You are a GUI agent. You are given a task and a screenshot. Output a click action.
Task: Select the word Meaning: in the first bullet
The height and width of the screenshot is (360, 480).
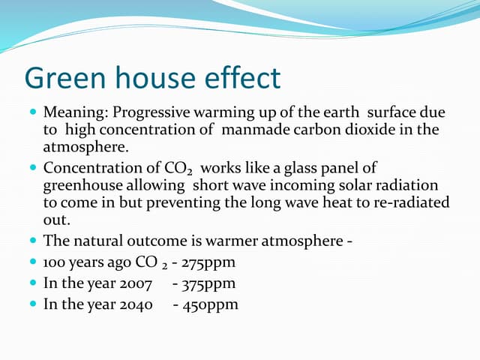[x=72, y=112]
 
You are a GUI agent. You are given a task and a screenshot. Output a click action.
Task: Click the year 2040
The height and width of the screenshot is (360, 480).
[x=136, y=304]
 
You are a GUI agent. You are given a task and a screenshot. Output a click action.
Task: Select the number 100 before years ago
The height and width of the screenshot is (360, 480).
[x=55, y=262]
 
